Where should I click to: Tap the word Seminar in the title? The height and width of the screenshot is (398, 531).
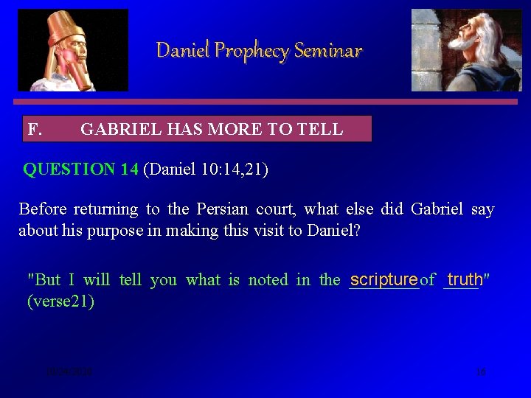tap(328, 51)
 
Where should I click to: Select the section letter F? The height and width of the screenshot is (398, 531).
tap(34, 130)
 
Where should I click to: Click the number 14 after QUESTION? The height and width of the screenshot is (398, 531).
tap(129, 170)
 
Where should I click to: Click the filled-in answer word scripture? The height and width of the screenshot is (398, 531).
tap(383, 279)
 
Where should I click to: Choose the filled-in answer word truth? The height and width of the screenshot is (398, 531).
tap(465, 279)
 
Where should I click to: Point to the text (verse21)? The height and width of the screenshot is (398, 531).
tap(60, 301)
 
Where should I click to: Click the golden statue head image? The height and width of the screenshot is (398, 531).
tap(72, 50)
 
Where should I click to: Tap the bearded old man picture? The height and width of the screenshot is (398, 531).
tap(465, 50)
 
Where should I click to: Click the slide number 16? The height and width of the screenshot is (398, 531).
tap(481, 372)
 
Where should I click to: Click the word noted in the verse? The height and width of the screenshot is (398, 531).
tap(268, 280)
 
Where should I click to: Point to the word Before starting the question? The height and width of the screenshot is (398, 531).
tap(44, 209)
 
